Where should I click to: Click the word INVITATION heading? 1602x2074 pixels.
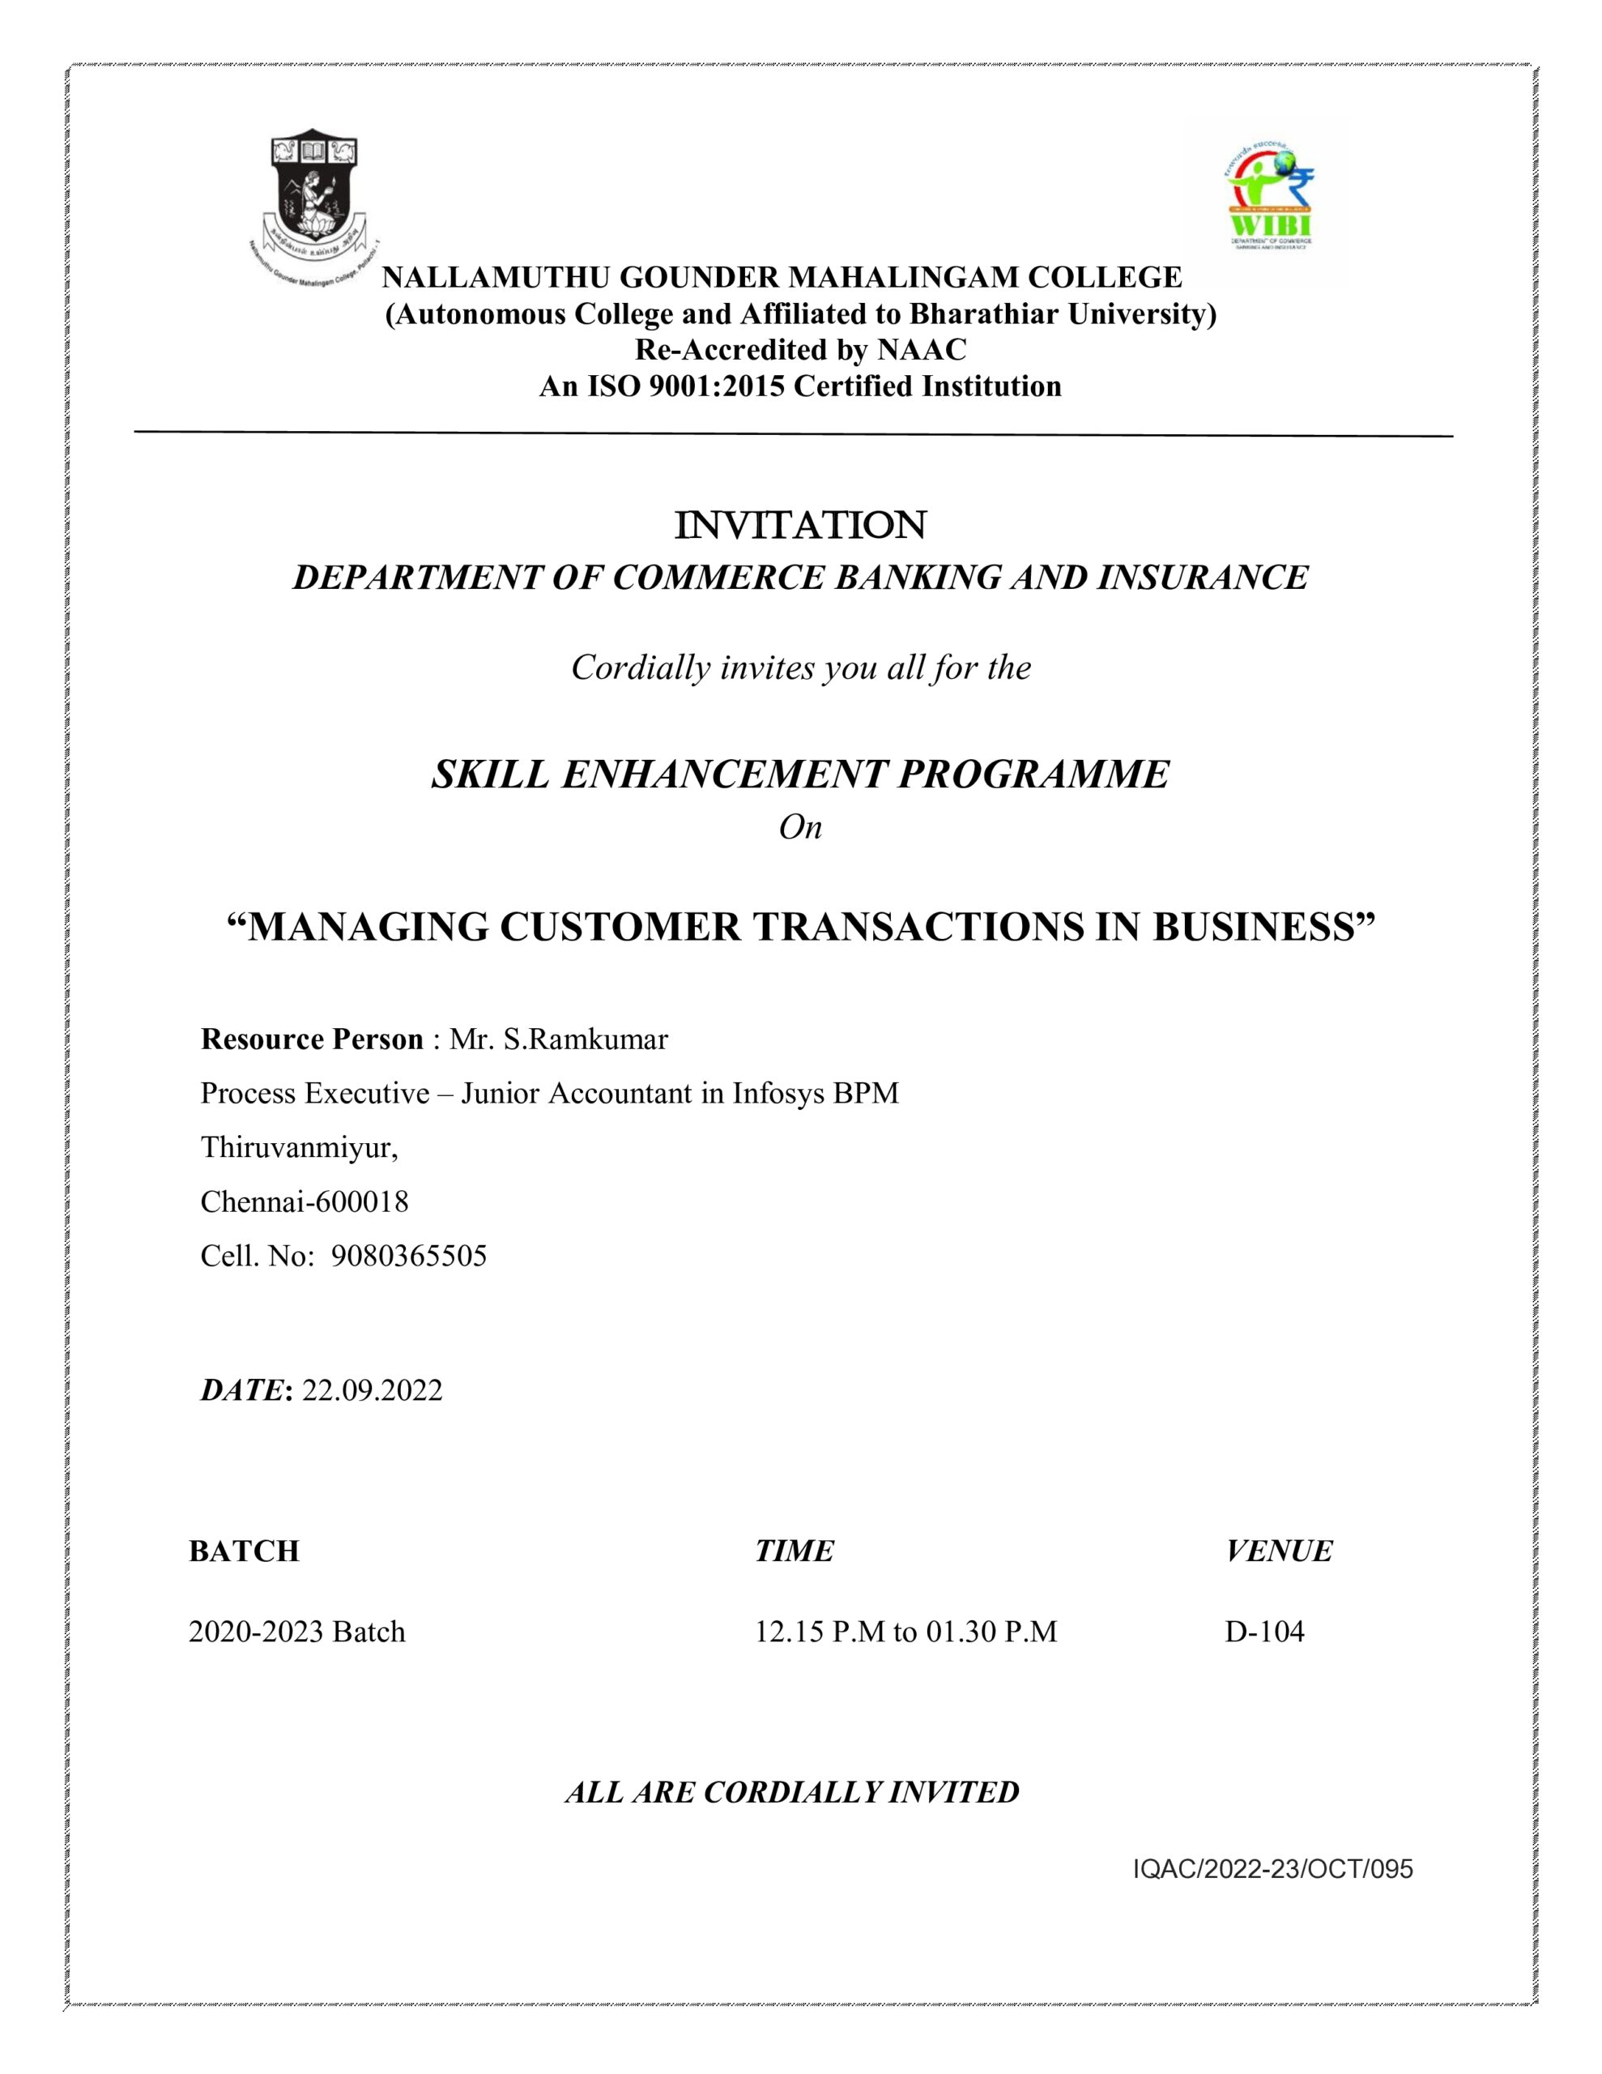(799, 525)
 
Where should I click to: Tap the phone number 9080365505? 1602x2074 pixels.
(408, 1256)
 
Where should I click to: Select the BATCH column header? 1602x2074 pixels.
(244, 1551)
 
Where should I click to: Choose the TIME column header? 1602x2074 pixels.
(794, 1551)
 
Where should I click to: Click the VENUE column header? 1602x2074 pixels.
(1278, 1551)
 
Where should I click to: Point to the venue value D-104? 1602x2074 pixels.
(1264, 1632)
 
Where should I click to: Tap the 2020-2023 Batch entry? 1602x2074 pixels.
(296, 1632)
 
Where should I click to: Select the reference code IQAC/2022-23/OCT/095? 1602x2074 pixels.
(1272, 1869)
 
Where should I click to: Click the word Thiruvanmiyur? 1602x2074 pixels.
(298, 1147)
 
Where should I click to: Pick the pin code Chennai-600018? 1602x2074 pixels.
(304, 1201)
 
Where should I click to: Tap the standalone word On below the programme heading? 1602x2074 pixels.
(799, 827)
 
